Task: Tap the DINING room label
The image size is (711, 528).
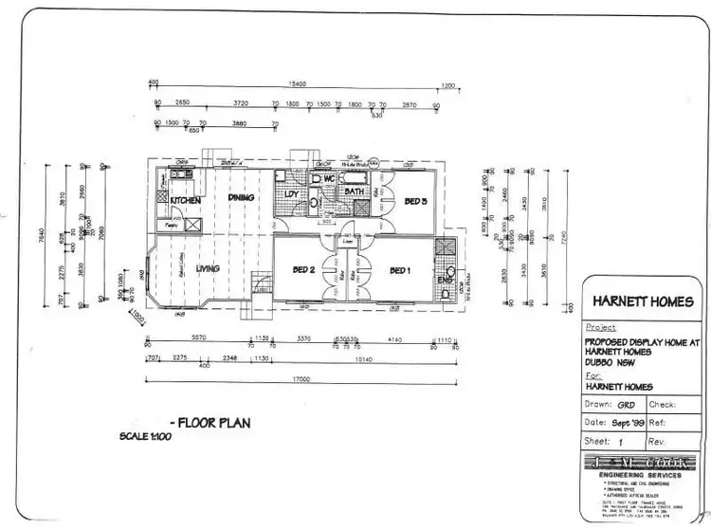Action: [243, 197]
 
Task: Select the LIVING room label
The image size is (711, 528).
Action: [208, 269]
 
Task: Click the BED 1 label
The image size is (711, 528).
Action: [400, 271]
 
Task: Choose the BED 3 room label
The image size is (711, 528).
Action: [416, 201]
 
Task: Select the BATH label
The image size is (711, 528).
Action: [355, 192]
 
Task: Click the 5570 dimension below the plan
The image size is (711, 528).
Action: [199, 338]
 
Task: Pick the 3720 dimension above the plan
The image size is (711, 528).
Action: [241, 102]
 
